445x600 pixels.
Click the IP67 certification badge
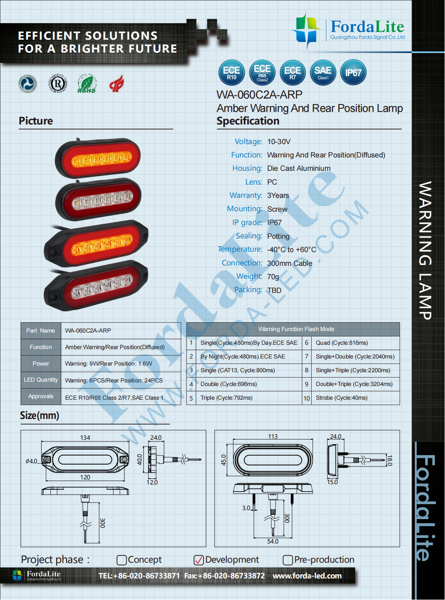(353, 73)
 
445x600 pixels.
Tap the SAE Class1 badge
(323, 73)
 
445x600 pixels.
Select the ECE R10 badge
(232, 73)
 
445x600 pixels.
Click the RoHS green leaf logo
(86, 84)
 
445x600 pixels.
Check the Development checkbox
(199, 560)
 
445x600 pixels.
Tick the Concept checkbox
(122, 560)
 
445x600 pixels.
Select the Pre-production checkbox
(288, 560)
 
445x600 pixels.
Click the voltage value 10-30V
(279, 142)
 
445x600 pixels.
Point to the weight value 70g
(273, 277)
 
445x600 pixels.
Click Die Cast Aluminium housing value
(299, 168)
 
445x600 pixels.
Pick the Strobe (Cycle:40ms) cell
(341, 398)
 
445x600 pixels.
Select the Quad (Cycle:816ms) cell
(341, 343)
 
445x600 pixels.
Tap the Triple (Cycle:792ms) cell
(226, 398)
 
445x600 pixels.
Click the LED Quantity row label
(41, 380)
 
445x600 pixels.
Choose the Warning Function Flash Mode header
(296, 329)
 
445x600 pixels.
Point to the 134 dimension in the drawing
(85, 437)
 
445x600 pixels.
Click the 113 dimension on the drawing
(273, 436)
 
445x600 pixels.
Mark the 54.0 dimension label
(273, 541)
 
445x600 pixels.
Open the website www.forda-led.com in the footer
(307, 576)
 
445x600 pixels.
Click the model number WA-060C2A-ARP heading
(259, 95)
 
